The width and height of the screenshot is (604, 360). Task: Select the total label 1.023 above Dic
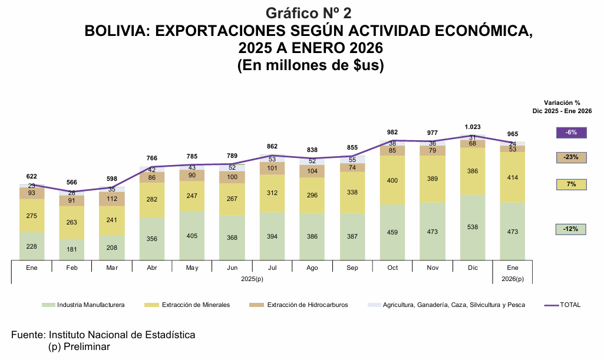(473, 127)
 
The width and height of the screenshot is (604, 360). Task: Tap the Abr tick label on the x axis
(152, 267)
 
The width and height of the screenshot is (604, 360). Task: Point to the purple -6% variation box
(571, 133)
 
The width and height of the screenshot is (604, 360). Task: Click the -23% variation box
(571, 157)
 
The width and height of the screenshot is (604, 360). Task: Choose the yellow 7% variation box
(571, 184)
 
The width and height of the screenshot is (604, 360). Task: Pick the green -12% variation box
(571, 229)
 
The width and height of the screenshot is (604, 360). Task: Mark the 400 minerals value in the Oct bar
(392, 179)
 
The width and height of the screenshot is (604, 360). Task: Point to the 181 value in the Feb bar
(72, 249)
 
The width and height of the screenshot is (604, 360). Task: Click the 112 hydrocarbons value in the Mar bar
(112, 199)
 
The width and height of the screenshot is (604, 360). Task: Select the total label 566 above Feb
(72, 183)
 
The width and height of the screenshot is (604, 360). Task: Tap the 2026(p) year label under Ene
(512, 278)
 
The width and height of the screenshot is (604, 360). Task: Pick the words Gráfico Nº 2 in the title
(309, 13)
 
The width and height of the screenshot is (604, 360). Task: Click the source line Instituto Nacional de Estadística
(122, 335)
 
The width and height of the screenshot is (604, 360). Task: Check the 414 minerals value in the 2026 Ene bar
(512, 177)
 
